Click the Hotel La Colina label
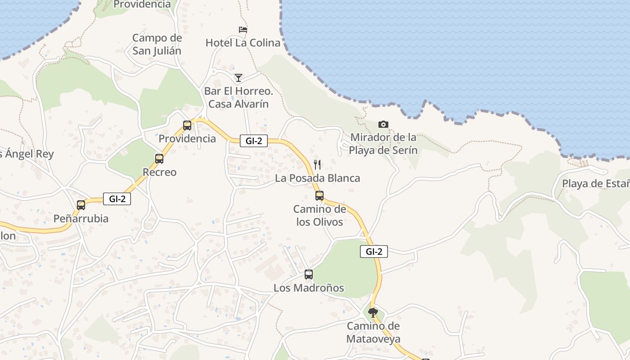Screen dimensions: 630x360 click(243, 43)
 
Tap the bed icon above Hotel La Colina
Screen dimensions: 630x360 click(243, 30)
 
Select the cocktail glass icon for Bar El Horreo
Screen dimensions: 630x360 click(238, 78)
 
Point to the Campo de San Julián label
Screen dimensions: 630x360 click(157, 44)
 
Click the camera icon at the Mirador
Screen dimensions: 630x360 click(383, 124)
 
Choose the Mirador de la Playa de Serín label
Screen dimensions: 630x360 click(383, 144)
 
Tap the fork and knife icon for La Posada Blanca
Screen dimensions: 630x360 click(317, 164)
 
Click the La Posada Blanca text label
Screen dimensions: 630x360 click(317, 178)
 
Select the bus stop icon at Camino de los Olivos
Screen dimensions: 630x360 click(319, 196)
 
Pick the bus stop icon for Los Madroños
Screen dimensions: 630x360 click(309, 274)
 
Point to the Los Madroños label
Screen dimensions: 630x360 click(309, 288)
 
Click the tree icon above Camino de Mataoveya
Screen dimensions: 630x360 click(373, 312)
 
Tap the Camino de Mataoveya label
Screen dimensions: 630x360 click(373, 332)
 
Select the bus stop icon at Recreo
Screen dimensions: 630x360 click(159, 159)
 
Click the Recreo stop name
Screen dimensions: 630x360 click(159, 172)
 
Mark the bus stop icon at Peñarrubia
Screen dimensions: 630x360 click(81, 205)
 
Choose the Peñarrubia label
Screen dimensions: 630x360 click(81, 219)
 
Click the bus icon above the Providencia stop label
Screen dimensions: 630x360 click(187, 126)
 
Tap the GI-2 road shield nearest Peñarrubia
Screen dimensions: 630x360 click(117, 198)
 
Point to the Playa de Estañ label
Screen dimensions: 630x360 click(595, 184)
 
